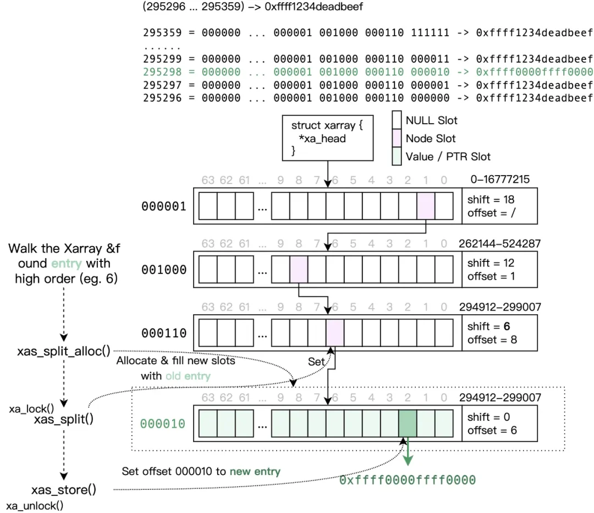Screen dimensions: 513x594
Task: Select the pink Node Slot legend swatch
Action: [398, 138]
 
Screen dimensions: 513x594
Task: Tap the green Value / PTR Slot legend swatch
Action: [398, 156]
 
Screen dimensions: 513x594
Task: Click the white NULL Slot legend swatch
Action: [398, 120]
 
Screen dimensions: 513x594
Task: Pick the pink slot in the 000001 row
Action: [426, 206]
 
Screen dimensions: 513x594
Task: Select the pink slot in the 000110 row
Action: [335, 333]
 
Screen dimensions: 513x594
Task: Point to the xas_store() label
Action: [64, 490]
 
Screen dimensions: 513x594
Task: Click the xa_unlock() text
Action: [35, 506]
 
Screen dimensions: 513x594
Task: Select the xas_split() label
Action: [64, 420]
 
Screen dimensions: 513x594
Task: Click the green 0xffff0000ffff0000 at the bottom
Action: [407, 480]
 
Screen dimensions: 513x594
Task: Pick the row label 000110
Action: [164, 333]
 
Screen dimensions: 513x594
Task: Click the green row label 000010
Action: [163, 423]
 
